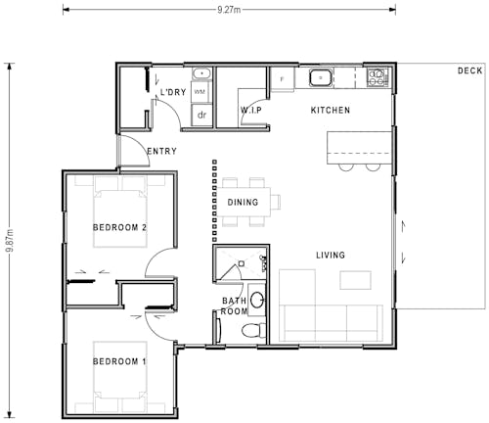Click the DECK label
469,70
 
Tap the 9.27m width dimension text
230,9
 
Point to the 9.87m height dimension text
9,238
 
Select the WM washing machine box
200,91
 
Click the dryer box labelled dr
202,115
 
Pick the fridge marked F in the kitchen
283,78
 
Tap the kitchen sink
320,75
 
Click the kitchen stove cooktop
377,75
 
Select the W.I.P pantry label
250,111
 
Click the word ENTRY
161,152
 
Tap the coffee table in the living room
356,280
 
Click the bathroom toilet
252,329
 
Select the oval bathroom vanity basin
257,300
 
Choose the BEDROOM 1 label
119,362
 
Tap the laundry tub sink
201,72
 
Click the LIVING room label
330,256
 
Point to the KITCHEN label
330,111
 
